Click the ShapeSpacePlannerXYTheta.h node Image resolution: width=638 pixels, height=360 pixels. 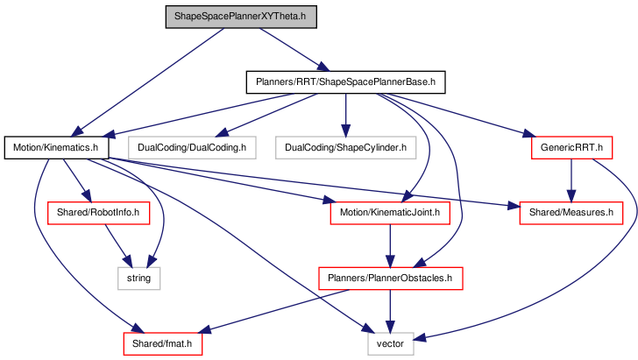241,17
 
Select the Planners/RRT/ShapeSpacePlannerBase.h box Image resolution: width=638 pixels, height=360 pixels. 345,82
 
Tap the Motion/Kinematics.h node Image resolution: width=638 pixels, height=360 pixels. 57,148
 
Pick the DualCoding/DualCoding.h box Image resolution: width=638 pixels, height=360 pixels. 192,148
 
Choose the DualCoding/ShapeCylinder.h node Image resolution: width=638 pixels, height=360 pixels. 345,148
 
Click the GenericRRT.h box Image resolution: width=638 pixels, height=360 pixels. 571,148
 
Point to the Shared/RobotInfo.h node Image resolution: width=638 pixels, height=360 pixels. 98,213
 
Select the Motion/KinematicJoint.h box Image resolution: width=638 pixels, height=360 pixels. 390,213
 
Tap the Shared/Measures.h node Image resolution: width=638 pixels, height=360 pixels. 571,213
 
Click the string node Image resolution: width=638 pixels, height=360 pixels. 138,279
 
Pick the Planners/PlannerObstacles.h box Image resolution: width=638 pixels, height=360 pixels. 390,279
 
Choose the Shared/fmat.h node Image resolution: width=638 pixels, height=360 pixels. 162,343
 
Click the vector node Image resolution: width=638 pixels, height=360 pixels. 391,343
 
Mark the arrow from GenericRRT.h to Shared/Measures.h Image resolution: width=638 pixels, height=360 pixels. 571,180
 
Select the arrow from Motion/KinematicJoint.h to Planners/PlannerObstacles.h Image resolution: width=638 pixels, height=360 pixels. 390,246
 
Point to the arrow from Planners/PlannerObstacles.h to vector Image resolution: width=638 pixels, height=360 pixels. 390,311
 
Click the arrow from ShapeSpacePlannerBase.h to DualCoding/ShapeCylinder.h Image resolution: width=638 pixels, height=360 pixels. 345,115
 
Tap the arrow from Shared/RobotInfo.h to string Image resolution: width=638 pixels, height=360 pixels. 119,245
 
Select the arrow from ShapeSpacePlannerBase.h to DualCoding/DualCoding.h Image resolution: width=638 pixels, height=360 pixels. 266,115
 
